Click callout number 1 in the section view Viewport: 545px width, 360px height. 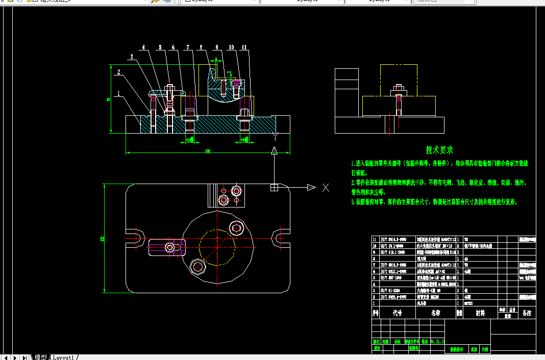click(118, 94)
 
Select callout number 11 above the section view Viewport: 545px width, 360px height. click(245, 48)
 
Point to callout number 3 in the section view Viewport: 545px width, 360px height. click(132, 57)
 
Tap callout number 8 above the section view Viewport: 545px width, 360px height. click(201, 48)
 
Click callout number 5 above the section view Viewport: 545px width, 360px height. click(160, 48)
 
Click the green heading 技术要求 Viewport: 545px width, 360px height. click(439, 150)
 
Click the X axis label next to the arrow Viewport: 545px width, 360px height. click(326, 188)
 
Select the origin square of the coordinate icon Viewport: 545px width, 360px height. click(275, 188)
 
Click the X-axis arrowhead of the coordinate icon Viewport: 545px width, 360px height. click(311, 188)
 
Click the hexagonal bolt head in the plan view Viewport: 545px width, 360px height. click(196, 266)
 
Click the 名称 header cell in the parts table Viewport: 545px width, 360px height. click(435, 313)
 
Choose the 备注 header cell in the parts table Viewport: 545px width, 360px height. click(527, 313)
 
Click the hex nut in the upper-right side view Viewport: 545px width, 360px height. click(399, 93)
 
